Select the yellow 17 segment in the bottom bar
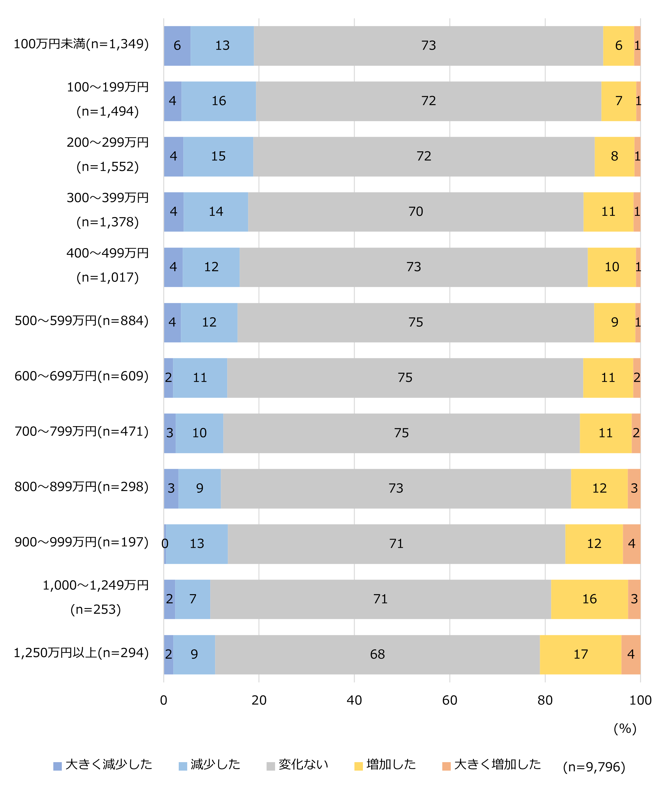(x=580, y=654)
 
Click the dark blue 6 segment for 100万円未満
(x=177, y=46)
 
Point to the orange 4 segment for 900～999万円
(x=631, y=544)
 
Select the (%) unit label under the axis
(x=625, y=729)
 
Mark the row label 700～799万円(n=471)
(x=81, y=432)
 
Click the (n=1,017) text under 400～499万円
(x=108, y=277)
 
